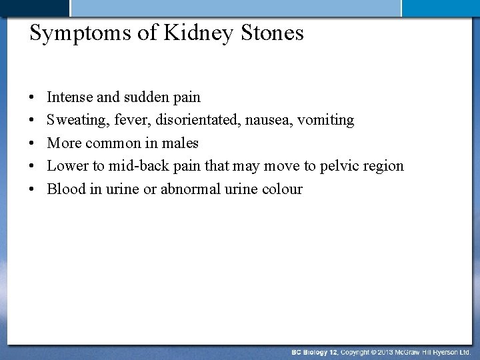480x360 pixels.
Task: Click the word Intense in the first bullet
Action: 69,97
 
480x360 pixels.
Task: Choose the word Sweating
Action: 73,121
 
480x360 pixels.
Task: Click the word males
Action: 181,143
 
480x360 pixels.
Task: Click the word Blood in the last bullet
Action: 65,189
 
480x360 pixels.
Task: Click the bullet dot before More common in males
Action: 33,143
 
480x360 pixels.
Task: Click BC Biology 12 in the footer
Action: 315,351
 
